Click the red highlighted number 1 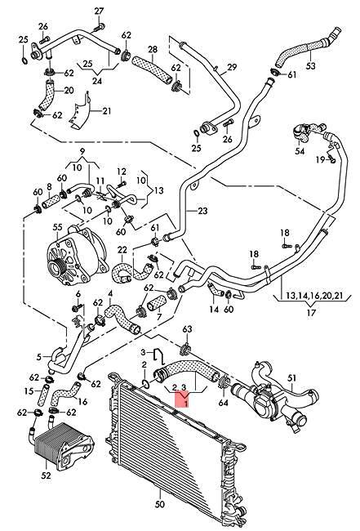(x=187, y=403)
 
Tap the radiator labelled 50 (x=171, y=449)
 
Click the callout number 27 (x=99, y=11)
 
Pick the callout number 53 (x=310, y=65)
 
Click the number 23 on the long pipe (x=202, y=211)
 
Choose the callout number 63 (x=187, y=329)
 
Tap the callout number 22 (x=122, y=250)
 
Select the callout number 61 (x=154, y=226)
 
